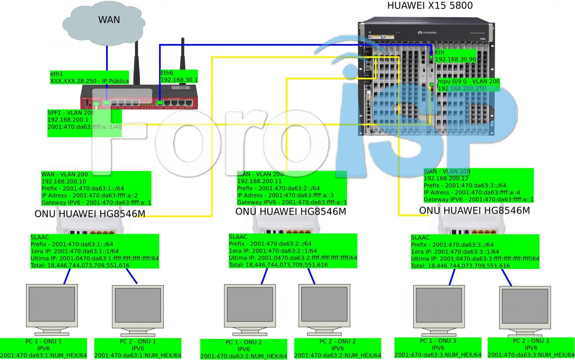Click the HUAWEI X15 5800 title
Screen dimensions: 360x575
(430, 5)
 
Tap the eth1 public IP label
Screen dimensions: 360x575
(89, 77)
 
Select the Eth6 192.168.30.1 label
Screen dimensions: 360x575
(179, 76)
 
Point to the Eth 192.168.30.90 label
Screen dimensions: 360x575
(455, 56)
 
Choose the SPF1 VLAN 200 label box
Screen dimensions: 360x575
(84, 123)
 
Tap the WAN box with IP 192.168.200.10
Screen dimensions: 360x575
(96, 188)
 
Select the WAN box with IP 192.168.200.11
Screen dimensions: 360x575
(292, 188)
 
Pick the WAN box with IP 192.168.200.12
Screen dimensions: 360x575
(478, 185)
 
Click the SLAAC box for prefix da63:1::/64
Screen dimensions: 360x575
(95, 251)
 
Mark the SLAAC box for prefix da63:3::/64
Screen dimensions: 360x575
(475, 252)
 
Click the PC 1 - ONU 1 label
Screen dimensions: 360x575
(43, 348)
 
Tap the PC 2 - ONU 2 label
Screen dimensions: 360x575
(337, 348)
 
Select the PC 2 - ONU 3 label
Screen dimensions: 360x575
(531, 347)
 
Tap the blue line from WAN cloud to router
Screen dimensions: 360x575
(107, 58)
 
